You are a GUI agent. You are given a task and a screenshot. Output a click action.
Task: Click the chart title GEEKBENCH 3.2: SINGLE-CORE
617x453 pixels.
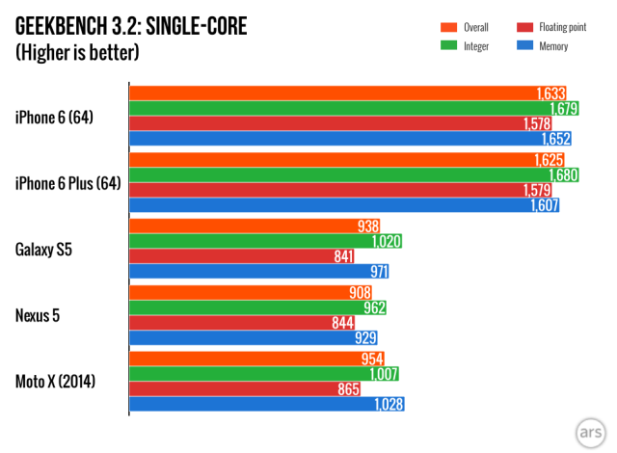pos(131,26)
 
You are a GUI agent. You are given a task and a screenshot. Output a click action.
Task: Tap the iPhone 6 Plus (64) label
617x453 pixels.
pos(67,183)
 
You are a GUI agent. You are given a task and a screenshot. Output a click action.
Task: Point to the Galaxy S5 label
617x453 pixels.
pos(44,249)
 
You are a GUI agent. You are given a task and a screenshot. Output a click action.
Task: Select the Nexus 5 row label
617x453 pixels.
pos(40,315)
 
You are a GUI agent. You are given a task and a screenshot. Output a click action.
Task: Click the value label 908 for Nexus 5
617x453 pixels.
pos(362,292)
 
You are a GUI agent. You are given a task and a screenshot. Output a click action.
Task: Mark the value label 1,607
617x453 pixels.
pos(544,205)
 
